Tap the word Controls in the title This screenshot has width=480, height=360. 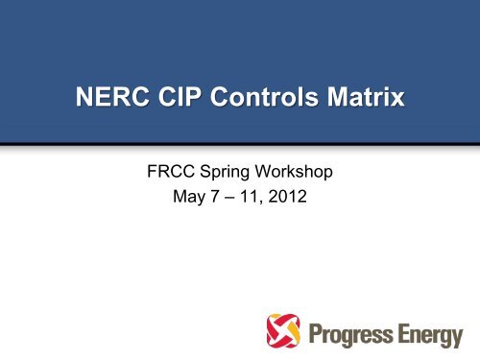click(253, 98)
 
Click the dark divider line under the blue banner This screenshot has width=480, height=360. click(240, 145)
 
